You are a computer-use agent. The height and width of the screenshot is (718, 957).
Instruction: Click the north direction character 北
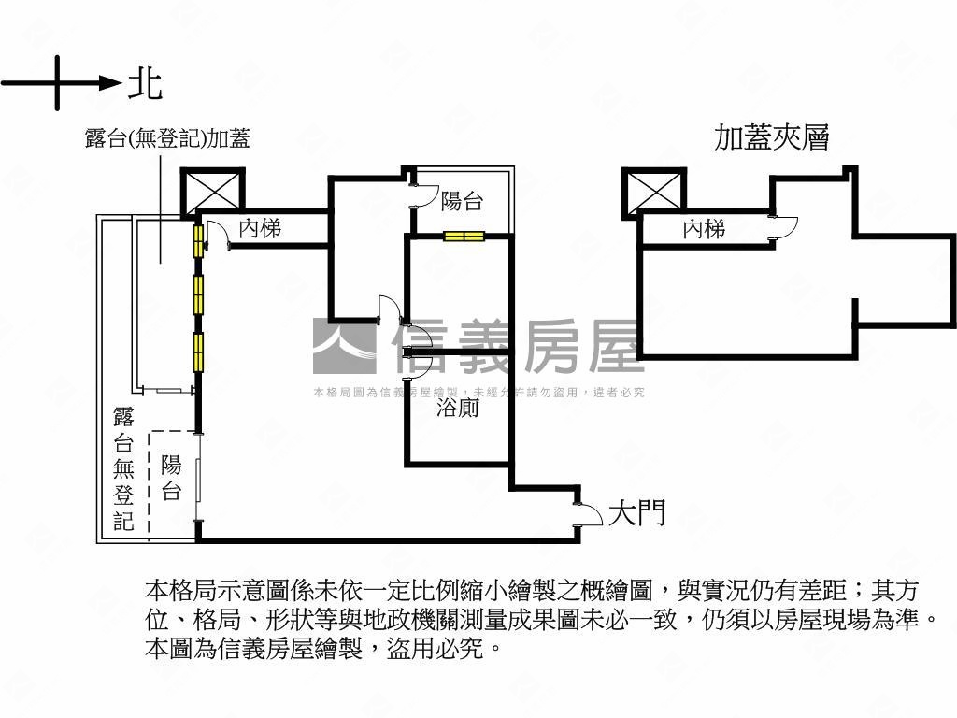(x=145, y=83)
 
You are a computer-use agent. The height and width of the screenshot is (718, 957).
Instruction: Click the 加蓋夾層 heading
(x=772, y=137)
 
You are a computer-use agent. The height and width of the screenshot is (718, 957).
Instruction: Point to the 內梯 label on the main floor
(x=259, y=227)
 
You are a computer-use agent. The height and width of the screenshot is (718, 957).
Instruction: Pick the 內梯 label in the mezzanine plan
(x=704, y=228)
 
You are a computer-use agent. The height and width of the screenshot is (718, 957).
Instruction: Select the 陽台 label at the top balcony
(x=462, y=200)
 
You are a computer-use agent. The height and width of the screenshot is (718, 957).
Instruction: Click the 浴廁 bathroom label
(x=458, y=408)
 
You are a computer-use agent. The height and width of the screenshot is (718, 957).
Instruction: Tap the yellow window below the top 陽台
(x=464, y=236)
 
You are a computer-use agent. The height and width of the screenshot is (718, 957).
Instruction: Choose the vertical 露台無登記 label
(x=124, y=468)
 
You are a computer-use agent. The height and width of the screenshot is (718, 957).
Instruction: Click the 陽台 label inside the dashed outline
(x=171, y=478)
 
